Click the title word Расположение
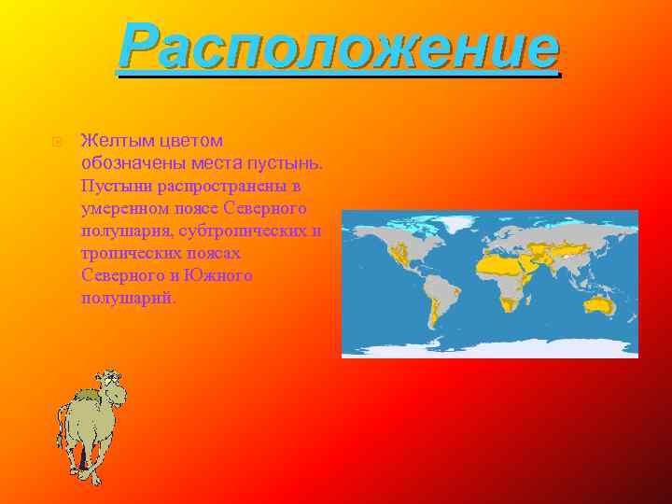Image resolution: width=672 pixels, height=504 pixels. (338, 49)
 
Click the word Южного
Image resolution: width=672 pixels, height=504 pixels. (221, 275)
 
